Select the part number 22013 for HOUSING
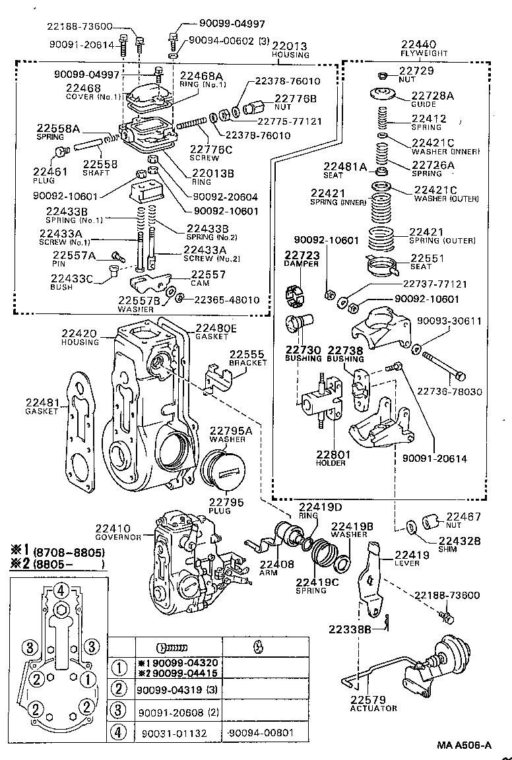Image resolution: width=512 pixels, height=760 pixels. point(290,46)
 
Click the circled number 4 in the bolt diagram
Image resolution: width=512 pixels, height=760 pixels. point(60,590)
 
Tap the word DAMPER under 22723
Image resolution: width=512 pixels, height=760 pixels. point(302,263)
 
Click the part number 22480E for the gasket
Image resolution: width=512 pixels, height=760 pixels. point(216,328)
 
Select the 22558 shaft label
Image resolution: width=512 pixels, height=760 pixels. point(97,164)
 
